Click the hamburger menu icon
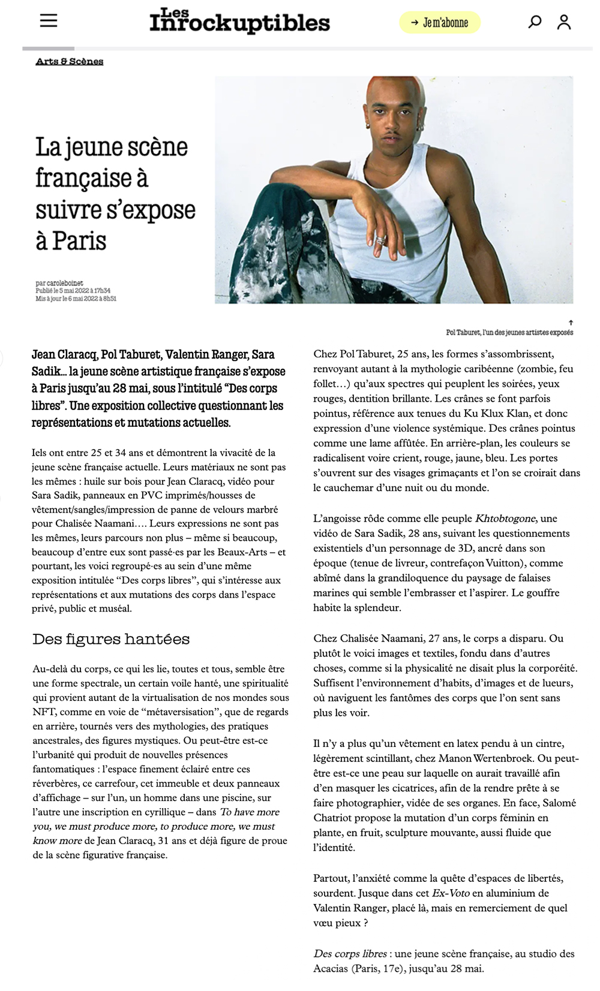pyautogui.click(x=49, y=20)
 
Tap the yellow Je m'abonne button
pyautogui.click(x=440, y=23)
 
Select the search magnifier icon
pyautogui.click(x=534, y=22)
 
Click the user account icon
pyautogui.click(x=563, y=22)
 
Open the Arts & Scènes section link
pyautogui.click(x=70, y=61)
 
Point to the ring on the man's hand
pyautogui.click(x=380, y=240)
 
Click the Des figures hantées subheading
pyautogui.click(x=111, y=639)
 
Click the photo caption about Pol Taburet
pyautogui.click(x=509, y=332)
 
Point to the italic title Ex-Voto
pyautogui.click(x=451, y=893)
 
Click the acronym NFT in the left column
pyautogui.click(x=43, y=712)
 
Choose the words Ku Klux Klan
pyautogui.click(x=496, y=414)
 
